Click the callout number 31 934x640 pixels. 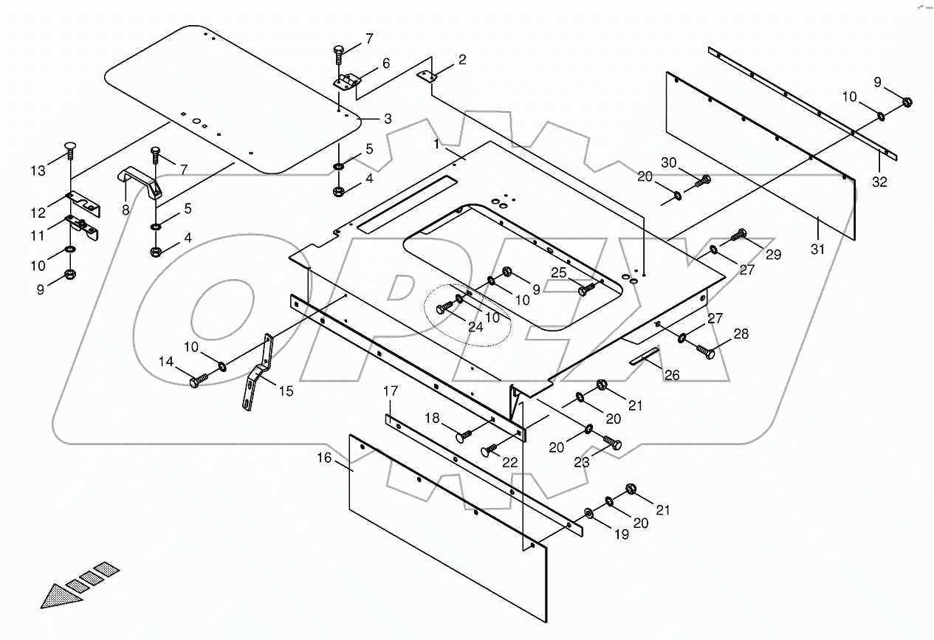click(817, 250)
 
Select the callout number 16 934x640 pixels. click(325, 458)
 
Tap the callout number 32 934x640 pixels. click(879, 182)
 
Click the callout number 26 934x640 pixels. click(671, 375)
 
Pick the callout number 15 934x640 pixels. click(286, 391)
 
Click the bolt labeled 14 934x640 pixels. click(198, 381)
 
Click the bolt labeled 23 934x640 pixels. click(614, 443)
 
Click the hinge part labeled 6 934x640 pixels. click(347, 81)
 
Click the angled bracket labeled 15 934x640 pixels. click(256, 373)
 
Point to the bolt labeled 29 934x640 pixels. click(739, 236)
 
